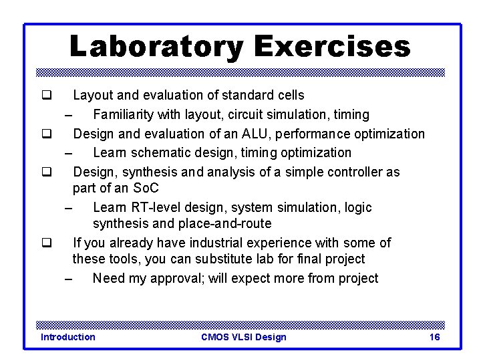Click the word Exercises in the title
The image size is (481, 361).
(332, 47)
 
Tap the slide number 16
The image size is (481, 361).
(434, 337)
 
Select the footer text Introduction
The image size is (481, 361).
(68, 337)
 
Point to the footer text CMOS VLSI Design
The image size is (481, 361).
(243, 337)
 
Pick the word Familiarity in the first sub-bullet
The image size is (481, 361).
(124, 115)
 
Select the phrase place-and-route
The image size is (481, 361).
(226, 223)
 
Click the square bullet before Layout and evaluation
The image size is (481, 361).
(47, 96)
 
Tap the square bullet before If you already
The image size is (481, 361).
(47, 243)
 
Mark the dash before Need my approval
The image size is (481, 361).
(69, 279)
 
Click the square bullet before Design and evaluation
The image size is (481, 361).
(47, 134)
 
